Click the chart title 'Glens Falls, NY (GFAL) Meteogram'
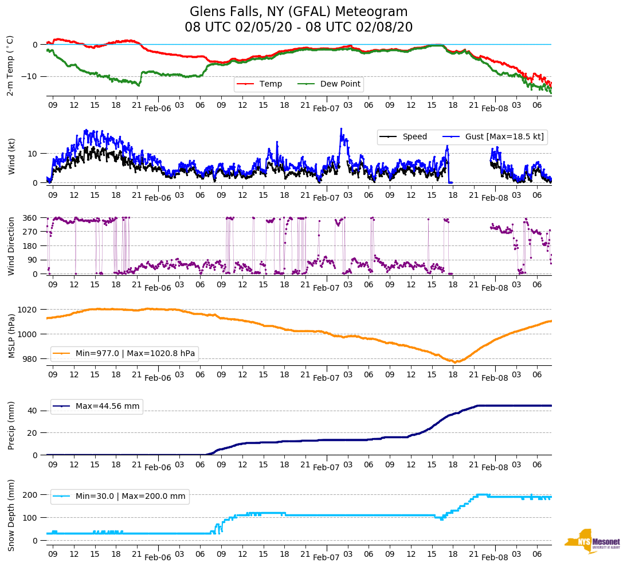click(299, 12)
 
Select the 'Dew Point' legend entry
click(340, 84)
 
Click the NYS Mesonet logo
click(593, 541)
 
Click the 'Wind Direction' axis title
click(12, 246)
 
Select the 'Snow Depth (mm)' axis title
click(12, 515)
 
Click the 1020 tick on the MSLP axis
click(28, 310)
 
